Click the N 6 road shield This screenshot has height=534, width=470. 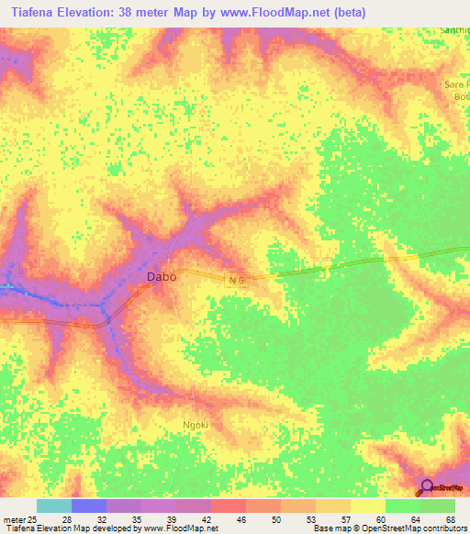click(235, 279)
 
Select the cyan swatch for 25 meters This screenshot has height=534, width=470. click(53, 506)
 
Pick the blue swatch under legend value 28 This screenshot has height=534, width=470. click(88, 506)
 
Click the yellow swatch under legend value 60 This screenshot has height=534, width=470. click(367, 506)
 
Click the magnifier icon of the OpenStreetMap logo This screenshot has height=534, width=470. click(426, 487)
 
